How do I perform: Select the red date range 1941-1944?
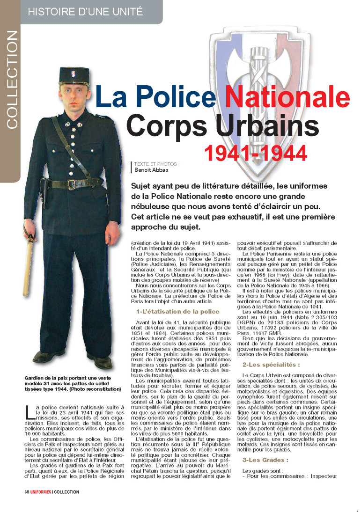pos(255,153)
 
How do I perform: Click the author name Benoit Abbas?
pos(151,170)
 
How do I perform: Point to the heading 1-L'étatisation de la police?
pos(177,311)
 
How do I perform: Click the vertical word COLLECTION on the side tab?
pos(12,80)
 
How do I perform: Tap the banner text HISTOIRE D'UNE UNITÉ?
pos(86,12)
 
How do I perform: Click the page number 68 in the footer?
pos(27,492)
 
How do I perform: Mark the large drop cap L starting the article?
pos(29,412)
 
